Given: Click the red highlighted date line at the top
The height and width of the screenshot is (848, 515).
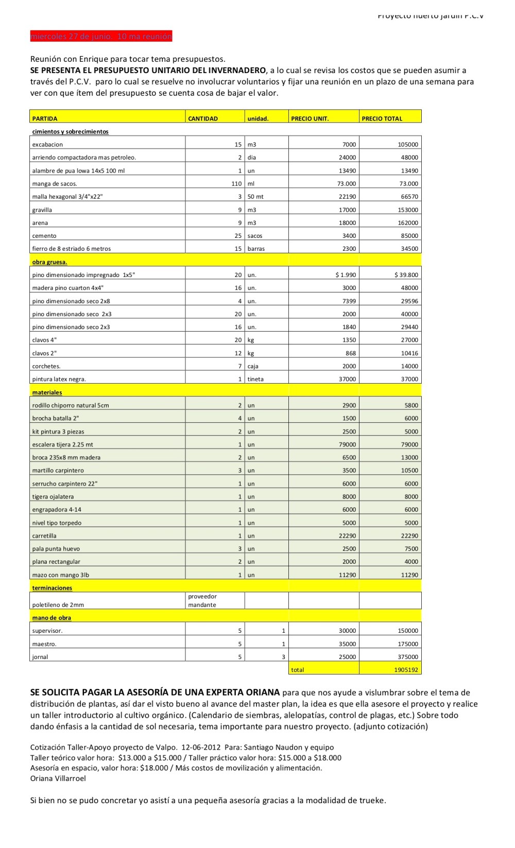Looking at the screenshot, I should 101,37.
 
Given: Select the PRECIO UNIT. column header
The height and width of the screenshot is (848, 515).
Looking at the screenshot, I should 310,118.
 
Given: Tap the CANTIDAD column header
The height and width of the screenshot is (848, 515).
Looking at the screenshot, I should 203,118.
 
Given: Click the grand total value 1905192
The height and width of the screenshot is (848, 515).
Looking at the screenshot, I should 406,670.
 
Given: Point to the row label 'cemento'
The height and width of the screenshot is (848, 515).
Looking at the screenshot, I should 44,236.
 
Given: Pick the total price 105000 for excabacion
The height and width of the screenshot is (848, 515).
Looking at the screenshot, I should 408,145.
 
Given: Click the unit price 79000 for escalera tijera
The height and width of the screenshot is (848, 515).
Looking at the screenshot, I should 347,444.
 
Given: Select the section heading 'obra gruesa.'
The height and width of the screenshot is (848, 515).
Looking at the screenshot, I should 49,262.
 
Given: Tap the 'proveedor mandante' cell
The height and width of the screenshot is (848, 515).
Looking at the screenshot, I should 202,600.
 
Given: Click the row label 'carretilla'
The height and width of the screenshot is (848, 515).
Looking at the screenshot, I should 44,536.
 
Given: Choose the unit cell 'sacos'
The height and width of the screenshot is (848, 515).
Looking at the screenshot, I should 255,236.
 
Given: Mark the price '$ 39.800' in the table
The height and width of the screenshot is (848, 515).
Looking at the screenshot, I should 406,275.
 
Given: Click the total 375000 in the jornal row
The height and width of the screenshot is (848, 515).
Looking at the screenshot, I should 408,657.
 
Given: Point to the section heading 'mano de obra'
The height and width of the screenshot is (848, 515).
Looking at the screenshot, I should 51,618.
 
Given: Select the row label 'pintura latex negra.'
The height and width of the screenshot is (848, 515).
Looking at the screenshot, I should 59,379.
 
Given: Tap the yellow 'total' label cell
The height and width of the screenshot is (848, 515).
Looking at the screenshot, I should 298,670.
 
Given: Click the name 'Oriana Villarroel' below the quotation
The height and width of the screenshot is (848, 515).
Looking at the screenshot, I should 58,778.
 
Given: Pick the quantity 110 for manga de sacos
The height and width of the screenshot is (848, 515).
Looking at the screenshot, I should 236,184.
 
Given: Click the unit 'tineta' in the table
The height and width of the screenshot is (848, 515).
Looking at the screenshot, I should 255,379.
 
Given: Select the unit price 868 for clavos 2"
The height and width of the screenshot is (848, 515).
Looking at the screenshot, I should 350,353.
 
